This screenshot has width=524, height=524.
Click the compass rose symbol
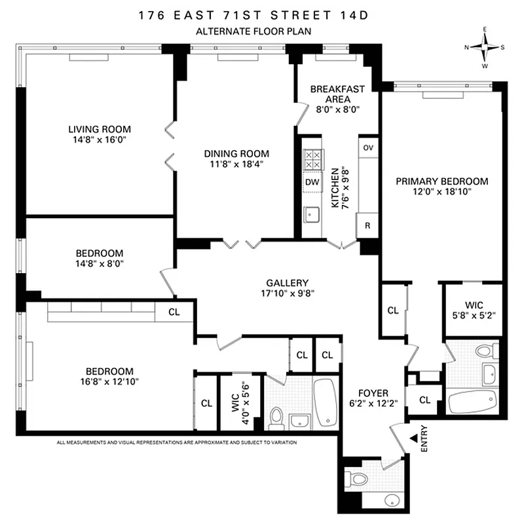pos(485,47)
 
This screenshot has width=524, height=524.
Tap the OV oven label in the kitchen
pos(368,147)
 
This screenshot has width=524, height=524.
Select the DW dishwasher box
pos(312,181)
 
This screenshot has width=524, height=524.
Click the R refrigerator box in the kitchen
pos(368,226)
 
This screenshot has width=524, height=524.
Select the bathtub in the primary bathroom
pos(472,400)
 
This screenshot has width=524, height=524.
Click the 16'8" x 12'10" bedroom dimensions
pos(109,380)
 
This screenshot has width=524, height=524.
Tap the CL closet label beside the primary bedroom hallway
pos(393,310)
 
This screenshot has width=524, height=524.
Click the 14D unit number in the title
pos(371,14)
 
